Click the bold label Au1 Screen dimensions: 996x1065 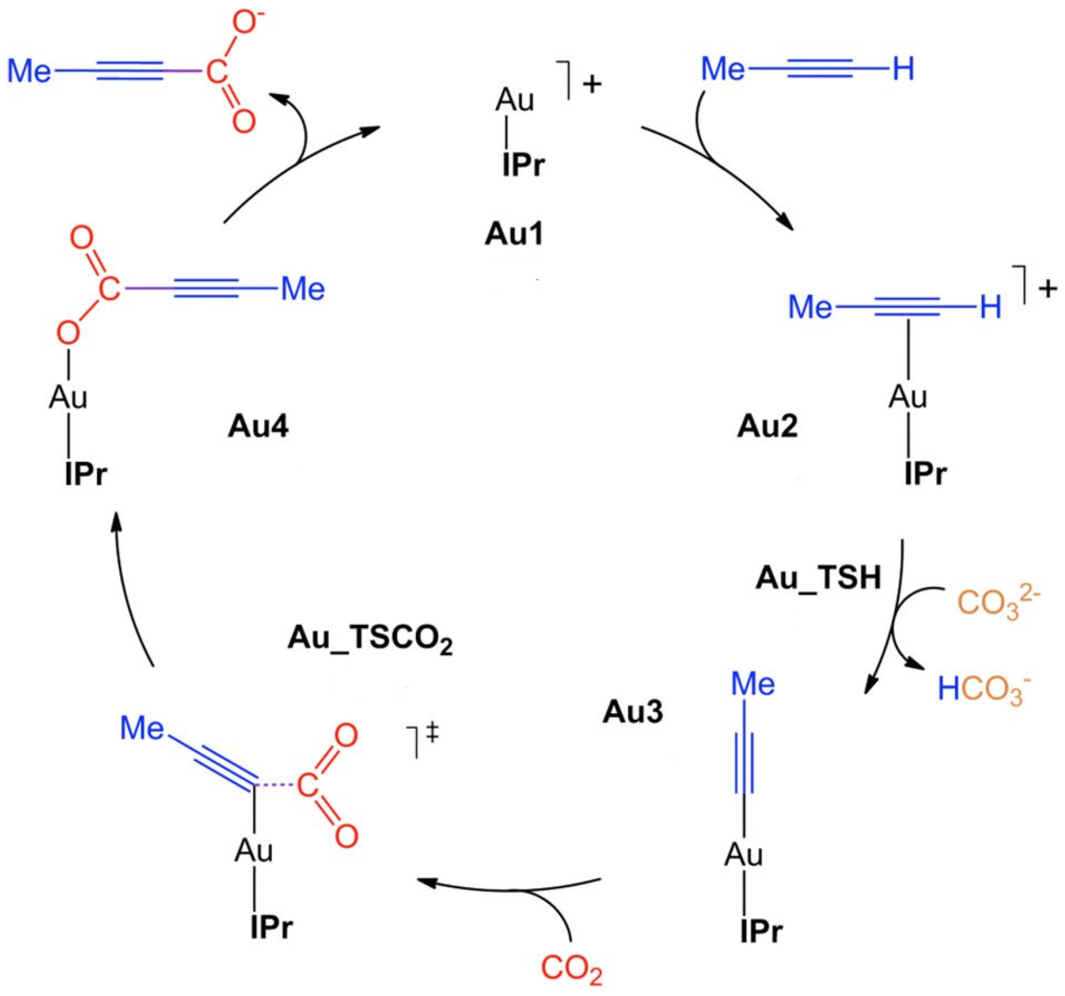click(514, 234)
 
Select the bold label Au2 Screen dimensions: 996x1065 click(767, 427)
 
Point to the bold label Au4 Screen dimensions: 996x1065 click(258, 427)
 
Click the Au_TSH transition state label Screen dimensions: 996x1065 click(818, 578)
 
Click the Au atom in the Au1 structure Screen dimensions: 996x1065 click(515, 100)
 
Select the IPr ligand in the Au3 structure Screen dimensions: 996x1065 click(761, 932)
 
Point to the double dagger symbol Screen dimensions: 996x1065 click(433, 733)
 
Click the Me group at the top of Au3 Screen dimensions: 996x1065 click(753, 684)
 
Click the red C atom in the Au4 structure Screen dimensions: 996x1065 click(109, 290)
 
